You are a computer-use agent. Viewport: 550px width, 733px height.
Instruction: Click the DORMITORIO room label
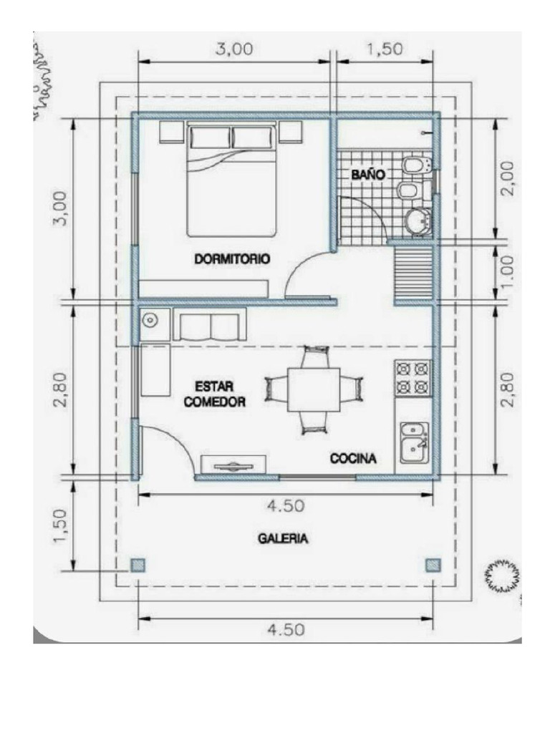(x=232, y=260)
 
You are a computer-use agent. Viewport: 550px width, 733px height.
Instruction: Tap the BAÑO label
(x=368, y=174)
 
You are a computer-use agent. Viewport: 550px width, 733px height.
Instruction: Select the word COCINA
(x=353, y=459)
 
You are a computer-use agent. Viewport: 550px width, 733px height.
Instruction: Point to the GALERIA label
(x=284, y=539)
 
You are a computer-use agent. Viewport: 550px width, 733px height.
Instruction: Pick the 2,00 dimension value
(x=506, y=179)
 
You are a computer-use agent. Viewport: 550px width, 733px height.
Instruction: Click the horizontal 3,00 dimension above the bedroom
(x=233, y=49)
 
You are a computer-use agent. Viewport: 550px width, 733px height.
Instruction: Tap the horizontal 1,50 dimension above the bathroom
(x=385, y=49)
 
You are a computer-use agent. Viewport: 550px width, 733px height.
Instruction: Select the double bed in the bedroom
(x=232, y=181)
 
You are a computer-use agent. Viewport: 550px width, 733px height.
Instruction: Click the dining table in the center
(x=314, y=389)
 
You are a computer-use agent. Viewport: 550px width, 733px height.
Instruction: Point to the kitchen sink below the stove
(x=414, y=442)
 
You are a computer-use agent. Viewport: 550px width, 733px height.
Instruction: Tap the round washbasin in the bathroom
(x=417, y=221)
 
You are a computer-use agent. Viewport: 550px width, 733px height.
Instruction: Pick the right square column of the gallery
(x=432, y=565)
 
